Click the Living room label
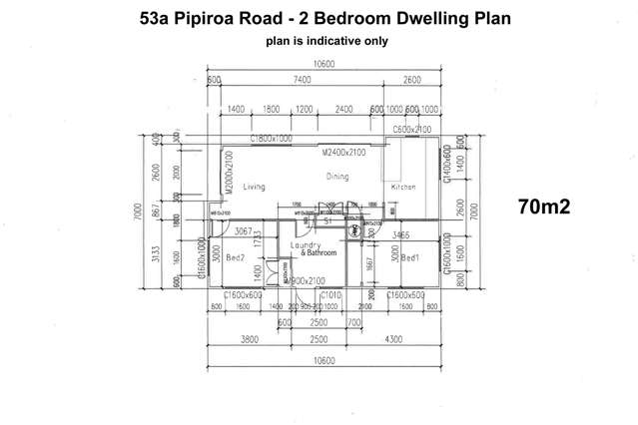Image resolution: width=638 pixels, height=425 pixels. pyautogui.click(x=254, y=187)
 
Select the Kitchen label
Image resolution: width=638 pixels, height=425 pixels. pyautogui.click(x=403, y=187)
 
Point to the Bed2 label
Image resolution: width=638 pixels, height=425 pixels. pyautogui.click(x=236, y=257)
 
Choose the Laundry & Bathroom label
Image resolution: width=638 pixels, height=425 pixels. pyautogui.click(x=314, y=249)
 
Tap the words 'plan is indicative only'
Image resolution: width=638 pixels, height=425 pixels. pyautogui.click(x=319, y=41)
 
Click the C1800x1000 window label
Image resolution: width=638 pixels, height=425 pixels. pyautogui.click(x=271, y=138)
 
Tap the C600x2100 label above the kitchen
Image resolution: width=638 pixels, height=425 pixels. pyautogui.click(x=410, y=130)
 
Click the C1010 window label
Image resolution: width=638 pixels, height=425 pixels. pyautogui.click(x=329, y=295)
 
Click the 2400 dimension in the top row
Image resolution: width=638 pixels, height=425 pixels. pyautogui.click(x=342, y=109)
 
